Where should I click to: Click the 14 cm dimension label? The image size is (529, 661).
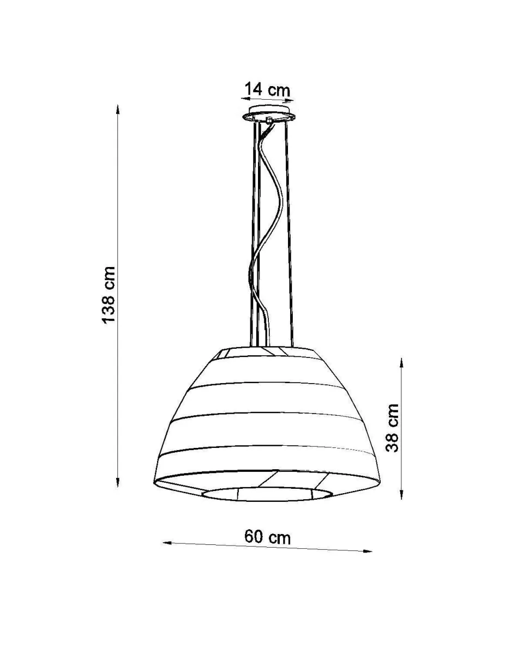point(267,88)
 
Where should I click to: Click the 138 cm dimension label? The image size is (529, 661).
point(109,294)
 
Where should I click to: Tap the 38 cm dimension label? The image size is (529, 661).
point(393,428)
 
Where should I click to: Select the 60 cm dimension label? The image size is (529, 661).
point(267,537)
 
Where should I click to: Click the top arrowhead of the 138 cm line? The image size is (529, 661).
point(118,108)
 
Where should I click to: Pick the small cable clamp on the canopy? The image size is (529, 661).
point(269,120)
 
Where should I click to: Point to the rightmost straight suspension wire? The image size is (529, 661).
point(289,234)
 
